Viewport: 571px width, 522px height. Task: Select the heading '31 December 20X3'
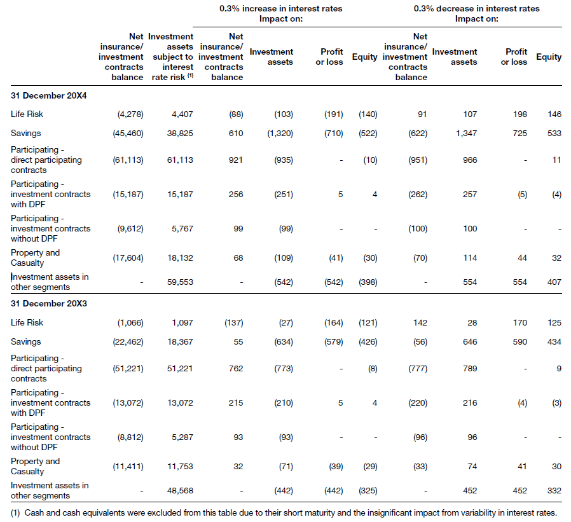[49, 303]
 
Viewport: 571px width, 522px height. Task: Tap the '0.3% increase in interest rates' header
[280, 9]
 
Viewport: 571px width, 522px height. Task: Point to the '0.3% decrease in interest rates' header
[476, 9]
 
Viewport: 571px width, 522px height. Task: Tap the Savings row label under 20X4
[25, 134]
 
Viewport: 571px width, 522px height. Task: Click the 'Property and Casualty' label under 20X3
[35, 466]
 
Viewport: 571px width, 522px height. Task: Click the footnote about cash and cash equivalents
[284, 512]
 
